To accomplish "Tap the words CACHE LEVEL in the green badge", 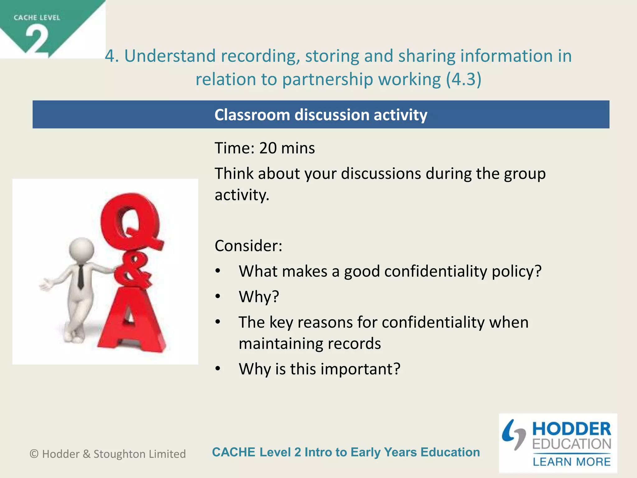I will (x=37, y=18).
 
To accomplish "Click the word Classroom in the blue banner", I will (x=252, y=115).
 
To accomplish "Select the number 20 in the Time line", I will (x=268, y=148).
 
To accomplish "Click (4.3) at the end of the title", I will (x=463, y=79).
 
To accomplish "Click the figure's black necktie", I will (x=81, y=277).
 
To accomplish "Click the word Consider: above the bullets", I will (x=248, y=246).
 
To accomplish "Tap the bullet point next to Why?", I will (x=218, y=297).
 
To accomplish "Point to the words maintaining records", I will (x=309, y=344).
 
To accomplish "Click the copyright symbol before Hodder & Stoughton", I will (x=34, y=454).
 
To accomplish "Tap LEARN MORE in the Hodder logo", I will (x=571, y=462).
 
